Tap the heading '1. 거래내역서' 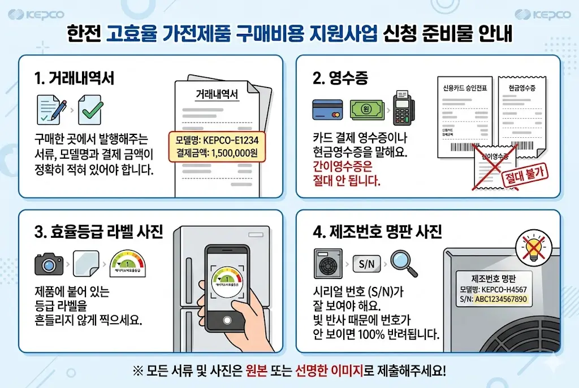74,79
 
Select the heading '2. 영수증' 340,79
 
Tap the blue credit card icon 327,109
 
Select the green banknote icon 366,109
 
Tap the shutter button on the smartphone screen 227,320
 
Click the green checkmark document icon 89,110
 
